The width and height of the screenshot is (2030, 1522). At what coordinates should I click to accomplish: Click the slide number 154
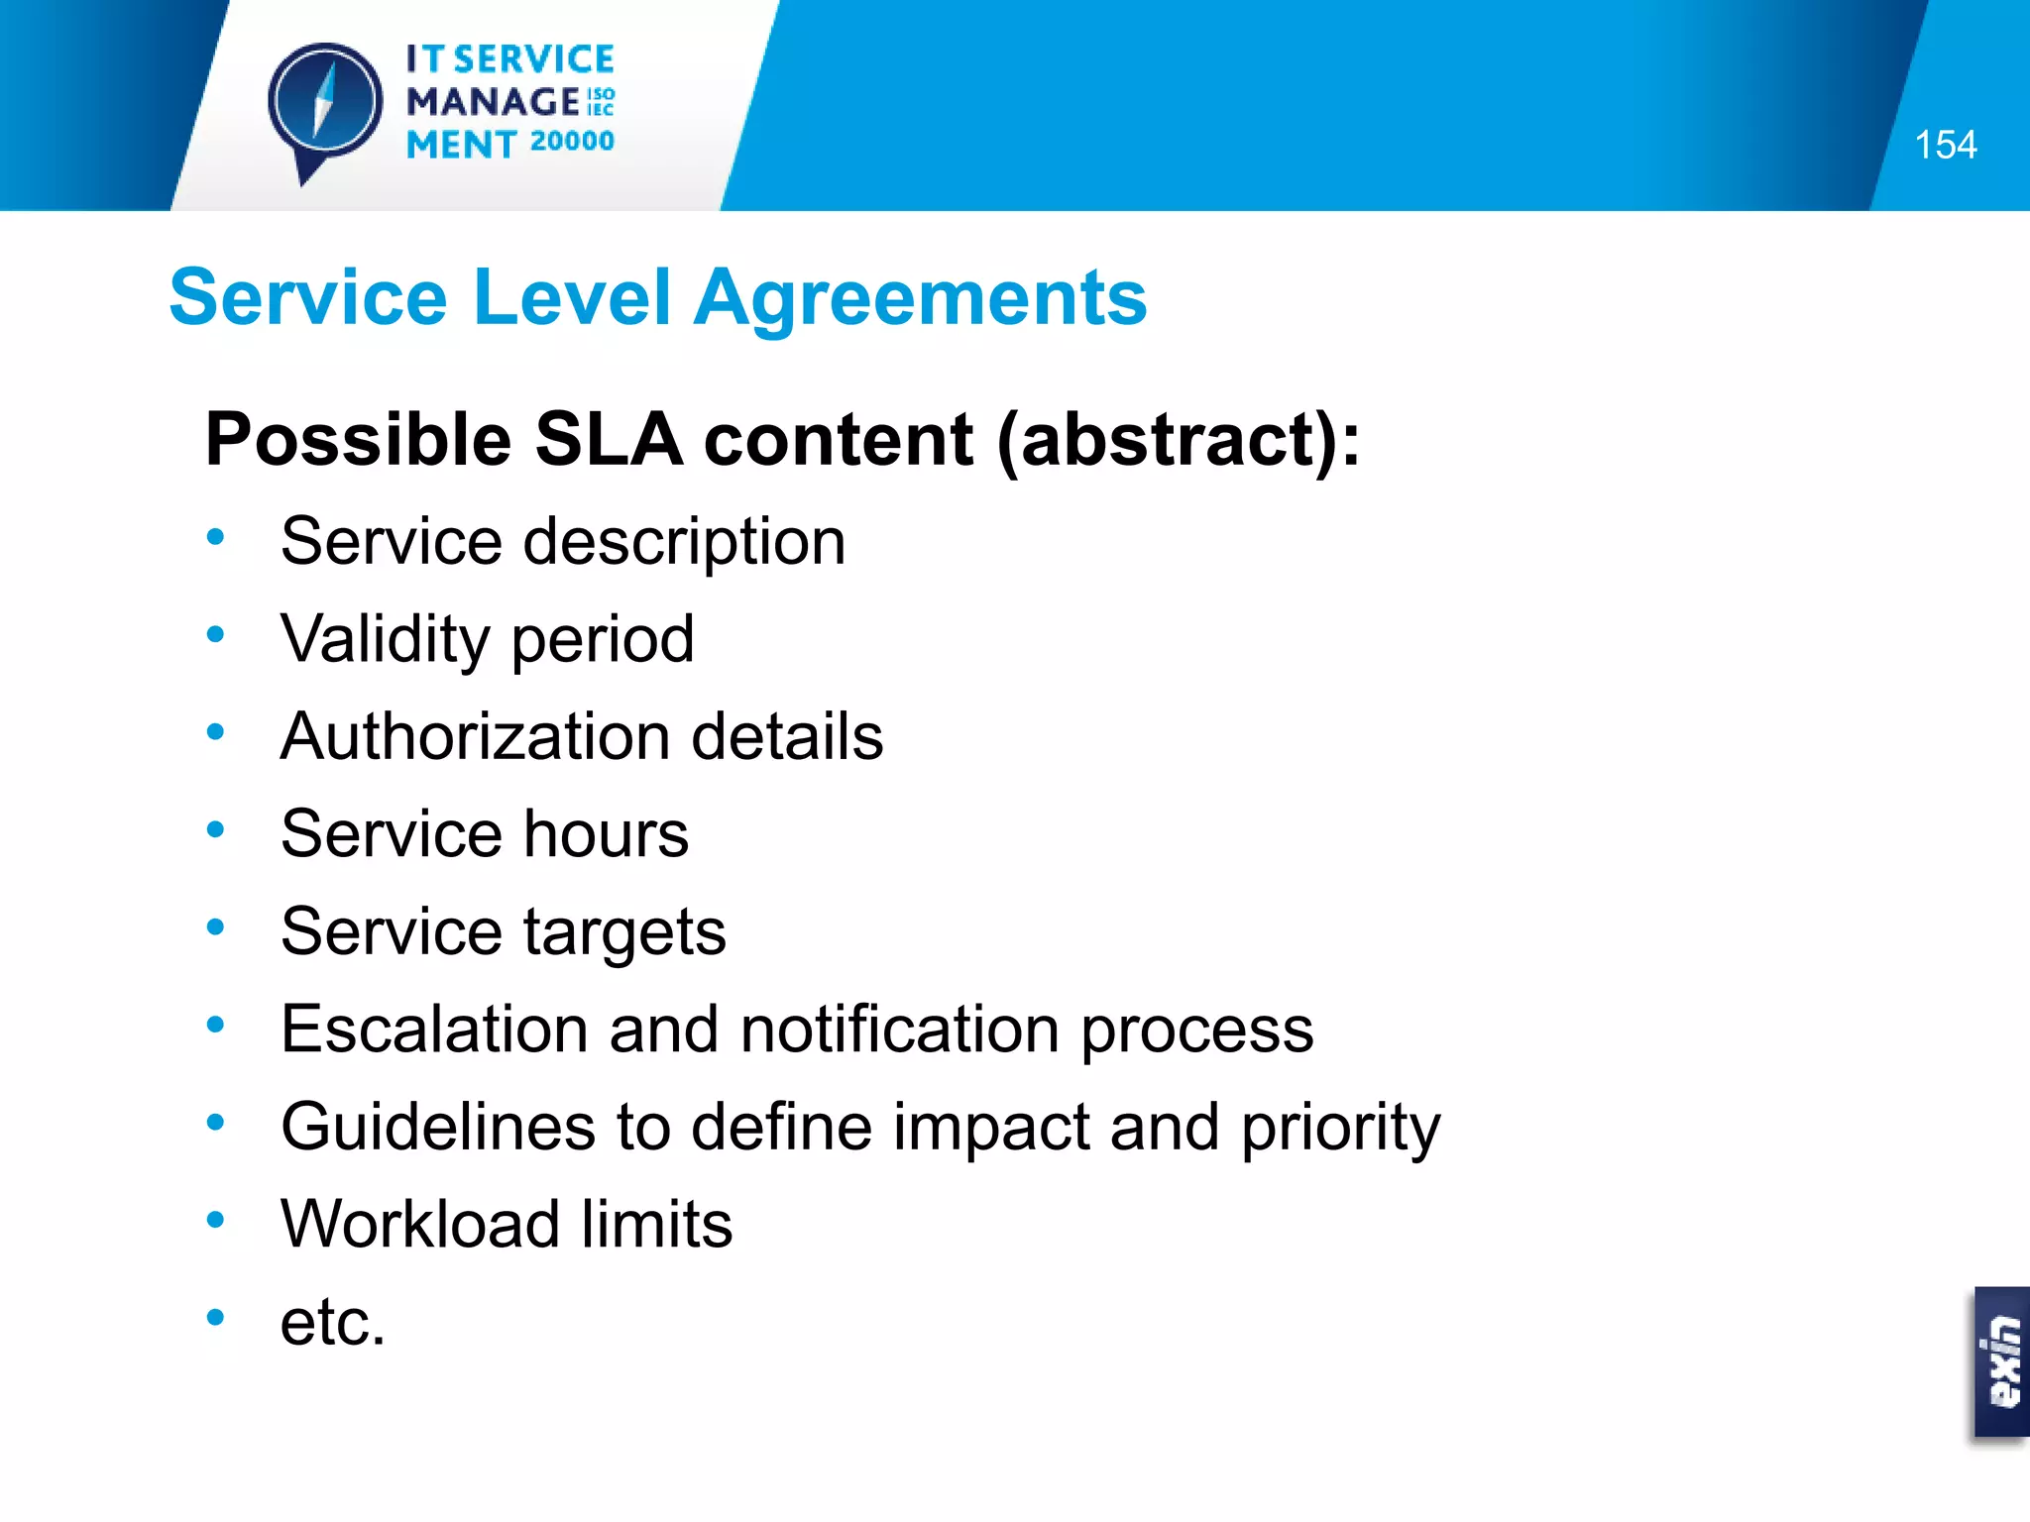click(x=1945, y=146)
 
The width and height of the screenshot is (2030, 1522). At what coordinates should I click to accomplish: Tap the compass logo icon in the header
click(x=325, y=104)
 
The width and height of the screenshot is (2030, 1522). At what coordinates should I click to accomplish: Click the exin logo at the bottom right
click(x=2001, y=1361)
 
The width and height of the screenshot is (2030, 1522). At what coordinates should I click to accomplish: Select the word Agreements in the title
click(x=920, y=297)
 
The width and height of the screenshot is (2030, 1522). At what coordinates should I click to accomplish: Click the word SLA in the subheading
click(x=609, y=439)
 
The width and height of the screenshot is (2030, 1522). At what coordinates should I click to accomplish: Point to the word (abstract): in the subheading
click(x=1179, y=441)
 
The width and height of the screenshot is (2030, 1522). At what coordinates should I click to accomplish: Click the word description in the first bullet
click(x=684, y=542)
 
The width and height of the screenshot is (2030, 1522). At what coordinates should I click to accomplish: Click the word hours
click(x=606, y=833)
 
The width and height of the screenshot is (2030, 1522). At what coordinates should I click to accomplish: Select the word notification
click(x=900, y=1029)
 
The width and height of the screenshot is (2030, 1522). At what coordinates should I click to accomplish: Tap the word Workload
click(x=420, y=1224)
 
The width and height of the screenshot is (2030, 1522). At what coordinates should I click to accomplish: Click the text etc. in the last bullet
click(x=332, y=1322)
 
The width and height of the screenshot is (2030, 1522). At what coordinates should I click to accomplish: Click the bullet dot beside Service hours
click(x=216, y=829)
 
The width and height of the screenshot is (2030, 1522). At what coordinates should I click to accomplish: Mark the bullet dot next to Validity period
click(x=216, y=634)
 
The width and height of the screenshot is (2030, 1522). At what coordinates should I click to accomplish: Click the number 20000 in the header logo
click(x=572, y=142)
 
